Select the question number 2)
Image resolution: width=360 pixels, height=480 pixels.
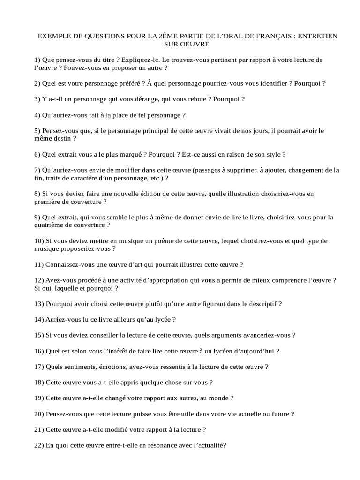click(x=37, y=84)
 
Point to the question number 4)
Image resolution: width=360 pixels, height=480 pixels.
click(x=37, y=115)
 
